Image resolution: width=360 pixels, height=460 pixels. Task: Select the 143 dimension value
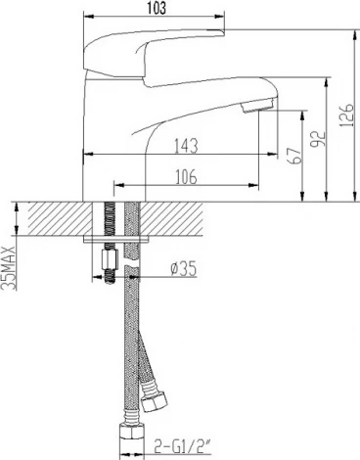click(x=185, y=146)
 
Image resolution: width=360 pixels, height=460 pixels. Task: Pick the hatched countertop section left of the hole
click(x=54, y=217)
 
